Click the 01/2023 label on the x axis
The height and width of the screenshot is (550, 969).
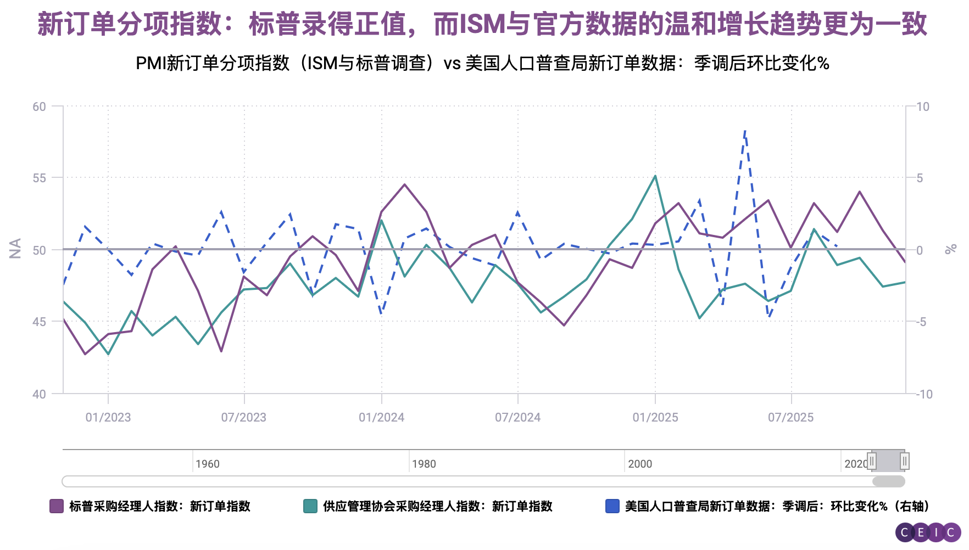click(108, 417)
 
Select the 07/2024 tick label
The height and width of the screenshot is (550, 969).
click(517, 417)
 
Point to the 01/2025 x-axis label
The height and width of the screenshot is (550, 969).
click(655, 417)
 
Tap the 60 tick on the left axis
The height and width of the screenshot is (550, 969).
click(39, 106)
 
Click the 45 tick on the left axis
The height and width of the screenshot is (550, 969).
click(39, 322)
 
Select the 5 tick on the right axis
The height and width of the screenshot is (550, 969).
click(920, 178)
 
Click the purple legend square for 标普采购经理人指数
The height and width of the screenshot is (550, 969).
click(57, 506)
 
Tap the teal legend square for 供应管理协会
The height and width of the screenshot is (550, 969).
click(310, 506)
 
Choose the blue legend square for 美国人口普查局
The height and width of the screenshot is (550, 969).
click(612, 506)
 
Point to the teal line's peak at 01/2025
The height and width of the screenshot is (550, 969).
click(655, 176)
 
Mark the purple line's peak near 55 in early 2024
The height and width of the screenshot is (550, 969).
click(404, 184)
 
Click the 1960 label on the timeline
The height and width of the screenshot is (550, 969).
click(207, 464)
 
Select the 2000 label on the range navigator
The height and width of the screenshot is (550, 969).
click(640, 464)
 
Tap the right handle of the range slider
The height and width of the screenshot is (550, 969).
click(904, 461)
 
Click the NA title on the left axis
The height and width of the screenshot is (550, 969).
click(15, 248)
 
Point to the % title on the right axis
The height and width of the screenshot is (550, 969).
click(950, 249)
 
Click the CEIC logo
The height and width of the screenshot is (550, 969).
click(928, 532)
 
